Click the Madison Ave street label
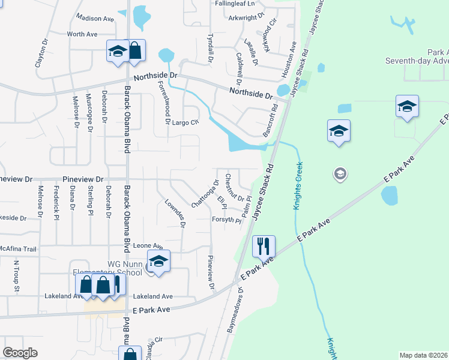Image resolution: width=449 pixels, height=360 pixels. click(x=95, y=19)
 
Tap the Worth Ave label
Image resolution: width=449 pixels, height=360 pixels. click(x=82, y=34)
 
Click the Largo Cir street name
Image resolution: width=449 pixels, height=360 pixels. click(x=185, y=122)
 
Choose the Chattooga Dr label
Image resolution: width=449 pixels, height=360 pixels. click(x=205, y=194)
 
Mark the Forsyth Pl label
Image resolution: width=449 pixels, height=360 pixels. click(x=226, y=220)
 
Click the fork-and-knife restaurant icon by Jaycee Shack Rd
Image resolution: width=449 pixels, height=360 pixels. click(x=264, y=245)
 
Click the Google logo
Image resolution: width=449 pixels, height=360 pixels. click(x=20, y=353)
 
